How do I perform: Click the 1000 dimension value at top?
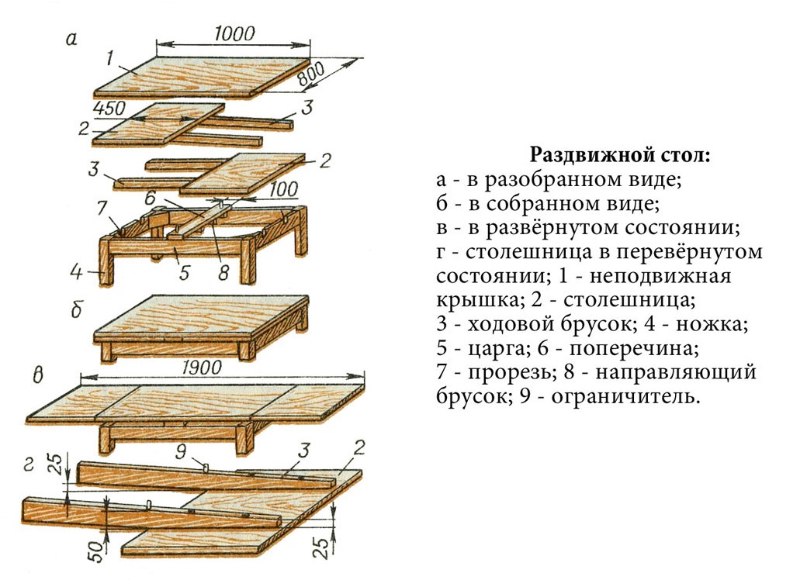[234, 34]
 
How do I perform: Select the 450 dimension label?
[109, 109]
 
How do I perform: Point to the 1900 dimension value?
[202, 367]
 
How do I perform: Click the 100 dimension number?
[283, 189]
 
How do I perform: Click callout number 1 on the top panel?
[109, 59]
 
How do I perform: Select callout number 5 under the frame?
[185, 272]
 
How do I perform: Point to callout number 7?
[102, 209]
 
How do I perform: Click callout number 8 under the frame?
[223, 272]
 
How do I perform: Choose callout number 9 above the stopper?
[181, 451]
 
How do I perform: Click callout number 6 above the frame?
[150, 197]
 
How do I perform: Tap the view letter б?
[76, 310]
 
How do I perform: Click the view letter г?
[29, 464]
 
